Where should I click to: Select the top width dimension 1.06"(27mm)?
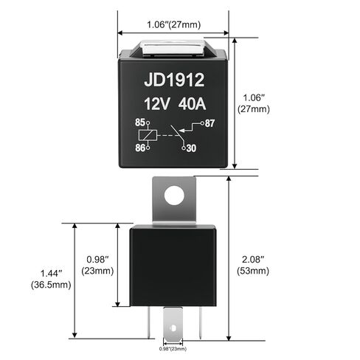pyautogui.click(x=173, y=22)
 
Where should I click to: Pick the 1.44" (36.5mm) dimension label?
pyautogui.click(x=49, y=279)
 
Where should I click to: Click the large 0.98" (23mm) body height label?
pyautogui.click(x=98, y=265)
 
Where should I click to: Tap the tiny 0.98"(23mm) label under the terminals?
pyautogui.click(x=173, y=349)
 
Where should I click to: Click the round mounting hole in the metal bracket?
pyautogui.click(x=174, y=195)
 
